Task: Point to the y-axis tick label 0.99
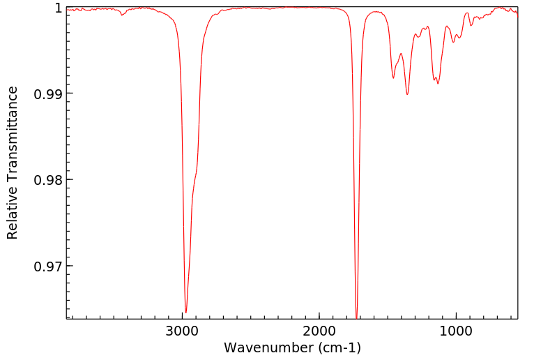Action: point(48,93)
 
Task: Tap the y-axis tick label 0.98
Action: point(48,180)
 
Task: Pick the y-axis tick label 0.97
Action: point(48,266)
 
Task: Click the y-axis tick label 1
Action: point(58,8)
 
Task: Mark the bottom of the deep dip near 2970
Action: point(185,313)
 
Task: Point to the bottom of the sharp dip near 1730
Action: point(356,317)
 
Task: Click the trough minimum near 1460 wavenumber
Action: point(393,78)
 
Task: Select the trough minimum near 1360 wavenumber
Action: point(407,94)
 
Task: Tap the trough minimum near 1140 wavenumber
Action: point(438,84)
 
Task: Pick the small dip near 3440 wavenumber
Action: point(122,15)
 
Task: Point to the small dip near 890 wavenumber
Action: point(472,26)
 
